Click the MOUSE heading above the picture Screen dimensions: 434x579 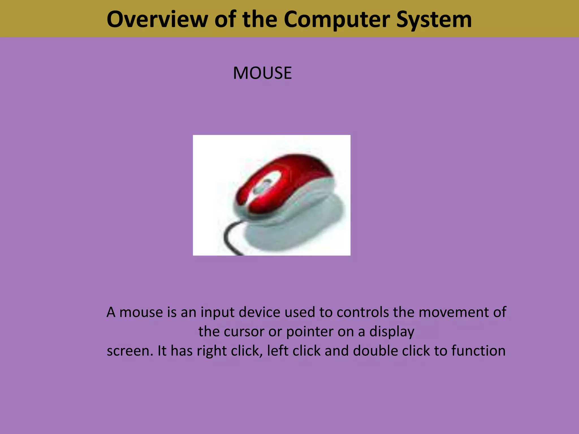coord(262,73)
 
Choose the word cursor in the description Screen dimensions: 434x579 coord(244,331)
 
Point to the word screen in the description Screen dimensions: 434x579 coord(129,351)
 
